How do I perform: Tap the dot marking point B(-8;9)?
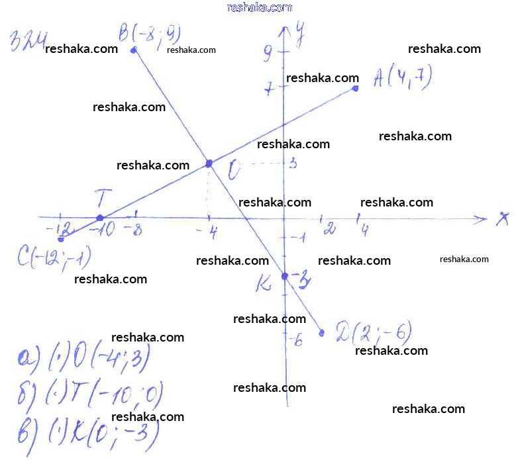[x=134, y=50]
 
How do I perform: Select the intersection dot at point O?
[x=209, y=163]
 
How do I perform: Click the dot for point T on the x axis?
[x=100, y=218]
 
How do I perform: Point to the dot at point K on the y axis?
[x=285, y=275]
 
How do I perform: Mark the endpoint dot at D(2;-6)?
[x=322, y=333]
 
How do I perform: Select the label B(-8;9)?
[x=150, y=33]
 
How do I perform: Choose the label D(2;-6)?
[x=374, y=330]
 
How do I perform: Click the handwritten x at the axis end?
[x=502, y=219]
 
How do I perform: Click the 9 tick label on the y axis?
[x=267, y=53]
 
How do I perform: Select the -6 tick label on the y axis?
[x=295, y=341]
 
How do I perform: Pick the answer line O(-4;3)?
[x=83, y=359]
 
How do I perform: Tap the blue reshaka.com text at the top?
[x=259, y=7]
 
